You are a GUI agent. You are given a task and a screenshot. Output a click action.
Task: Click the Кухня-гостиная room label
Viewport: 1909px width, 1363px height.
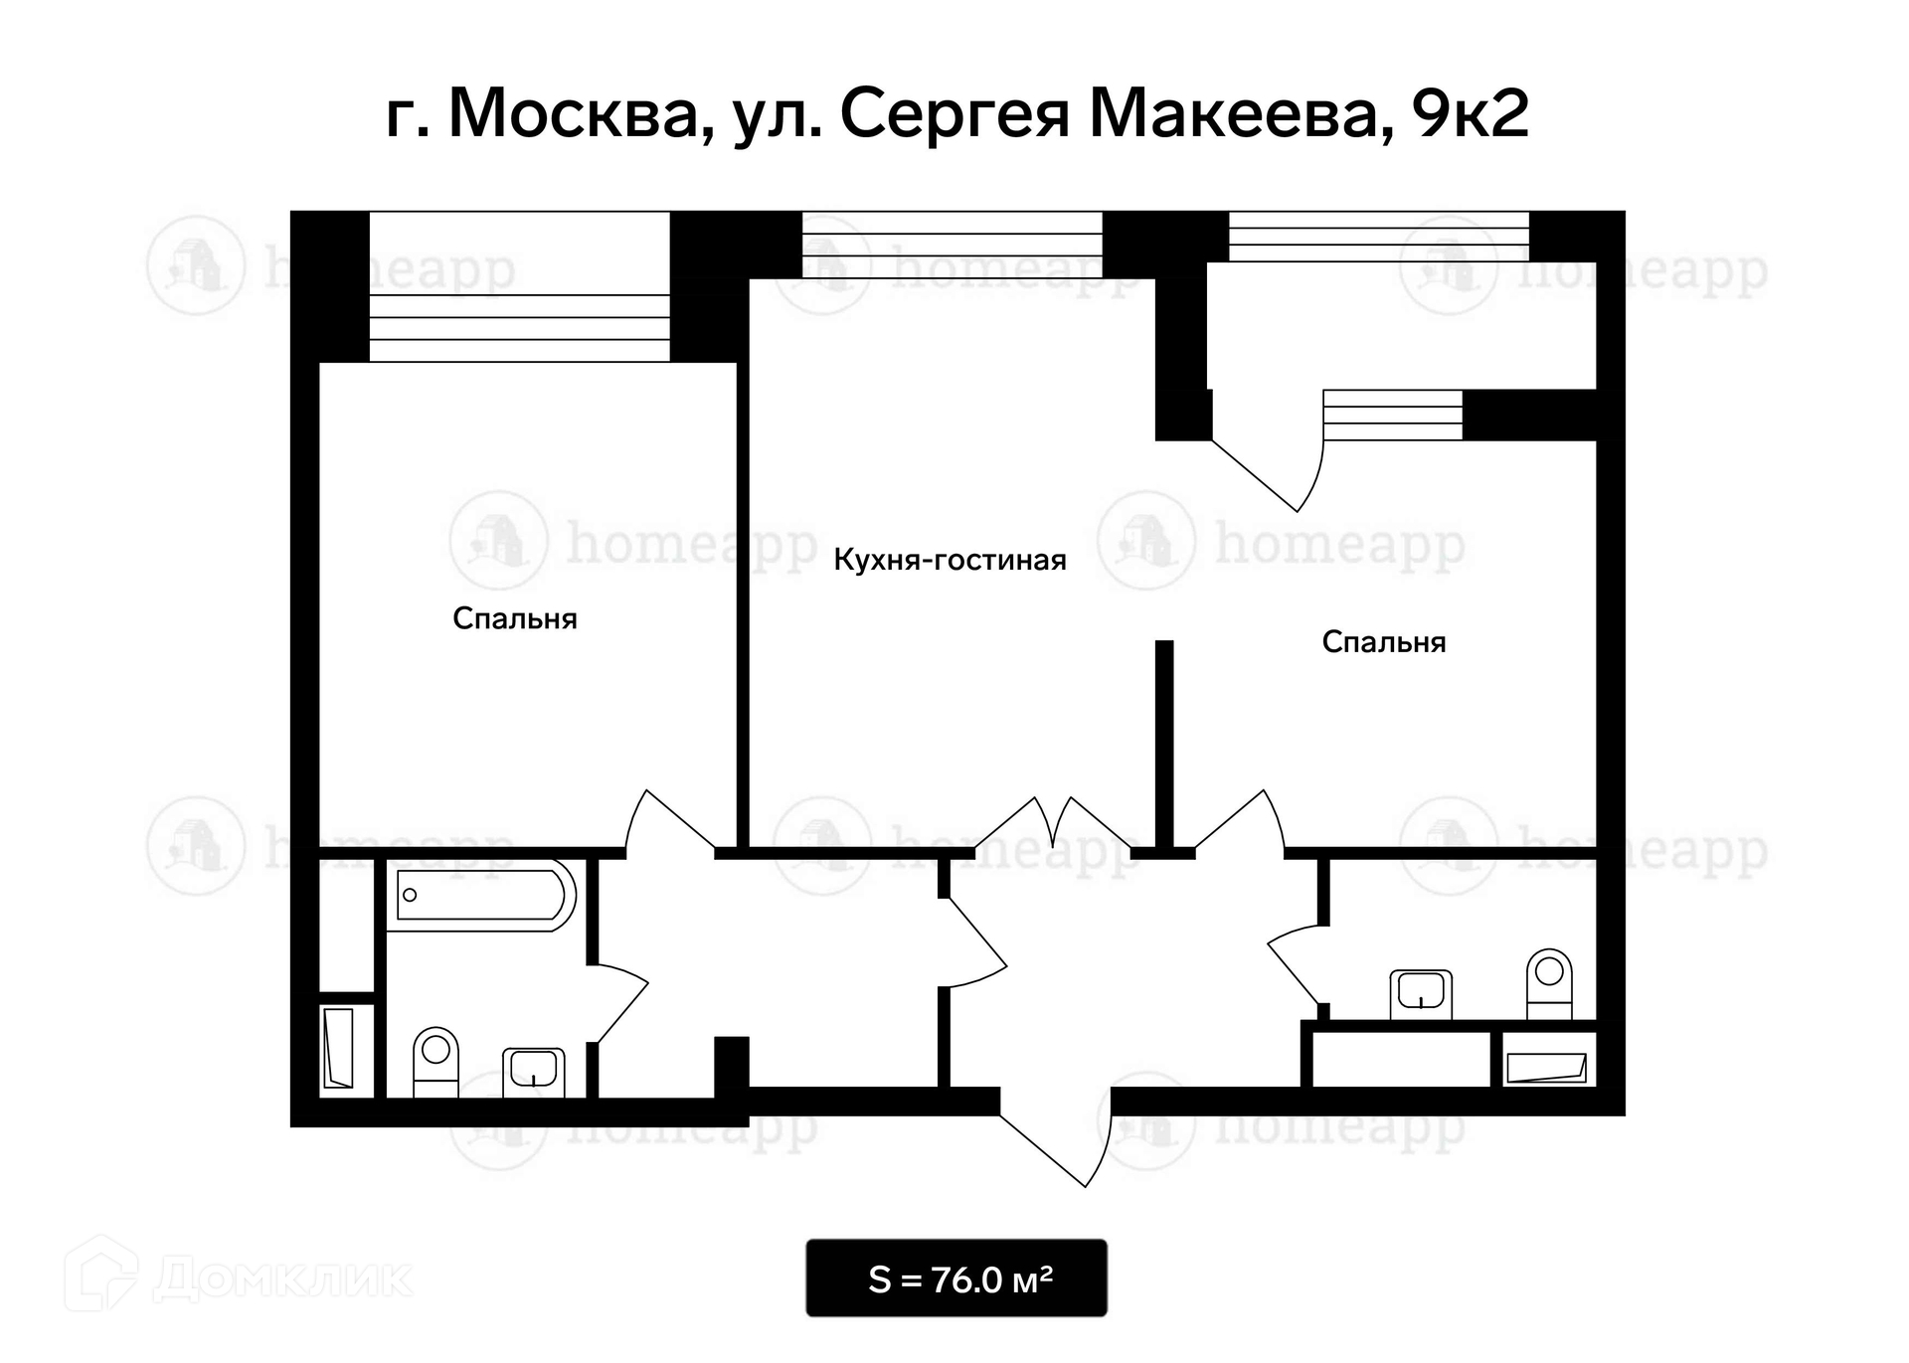point(950,561)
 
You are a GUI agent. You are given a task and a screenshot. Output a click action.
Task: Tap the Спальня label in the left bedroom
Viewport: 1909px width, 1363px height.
point(515,619)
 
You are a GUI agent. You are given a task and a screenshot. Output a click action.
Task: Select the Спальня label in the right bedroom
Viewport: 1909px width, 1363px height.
point(1384,642)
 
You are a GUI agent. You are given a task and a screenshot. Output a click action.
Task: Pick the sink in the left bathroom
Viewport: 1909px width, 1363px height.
point(534,1073)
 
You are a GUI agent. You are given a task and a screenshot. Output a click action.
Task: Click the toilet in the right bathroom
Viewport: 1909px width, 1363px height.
point(1549,983)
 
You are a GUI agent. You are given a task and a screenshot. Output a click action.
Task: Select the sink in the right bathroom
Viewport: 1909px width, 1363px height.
point(1421,994)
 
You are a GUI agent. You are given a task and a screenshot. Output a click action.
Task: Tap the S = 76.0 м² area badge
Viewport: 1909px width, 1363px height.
point(956,1278)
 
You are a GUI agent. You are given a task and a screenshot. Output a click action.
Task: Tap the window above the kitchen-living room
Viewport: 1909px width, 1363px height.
point(953,245)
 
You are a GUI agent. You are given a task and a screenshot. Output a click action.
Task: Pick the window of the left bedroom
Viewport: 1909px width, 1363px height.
point(519,286)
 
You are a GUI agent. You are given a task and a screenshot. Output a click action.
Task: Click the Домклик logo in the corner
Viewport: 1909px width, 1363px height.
point(239,1277)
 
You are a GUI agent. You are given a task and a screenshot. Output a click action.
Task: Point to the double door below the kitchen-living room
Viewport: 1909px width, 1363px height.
point(1054,825)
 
